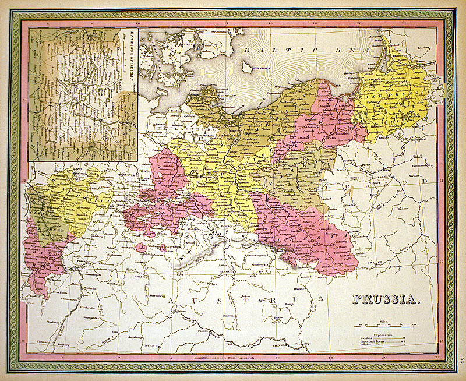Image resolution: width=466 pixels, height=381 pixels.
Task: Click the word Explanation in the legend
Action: pyautogui.click(x=382, y=336)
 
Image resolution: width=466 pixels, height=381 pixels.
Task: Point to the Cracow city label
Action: pyautogui.click(x=375, y=263)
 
